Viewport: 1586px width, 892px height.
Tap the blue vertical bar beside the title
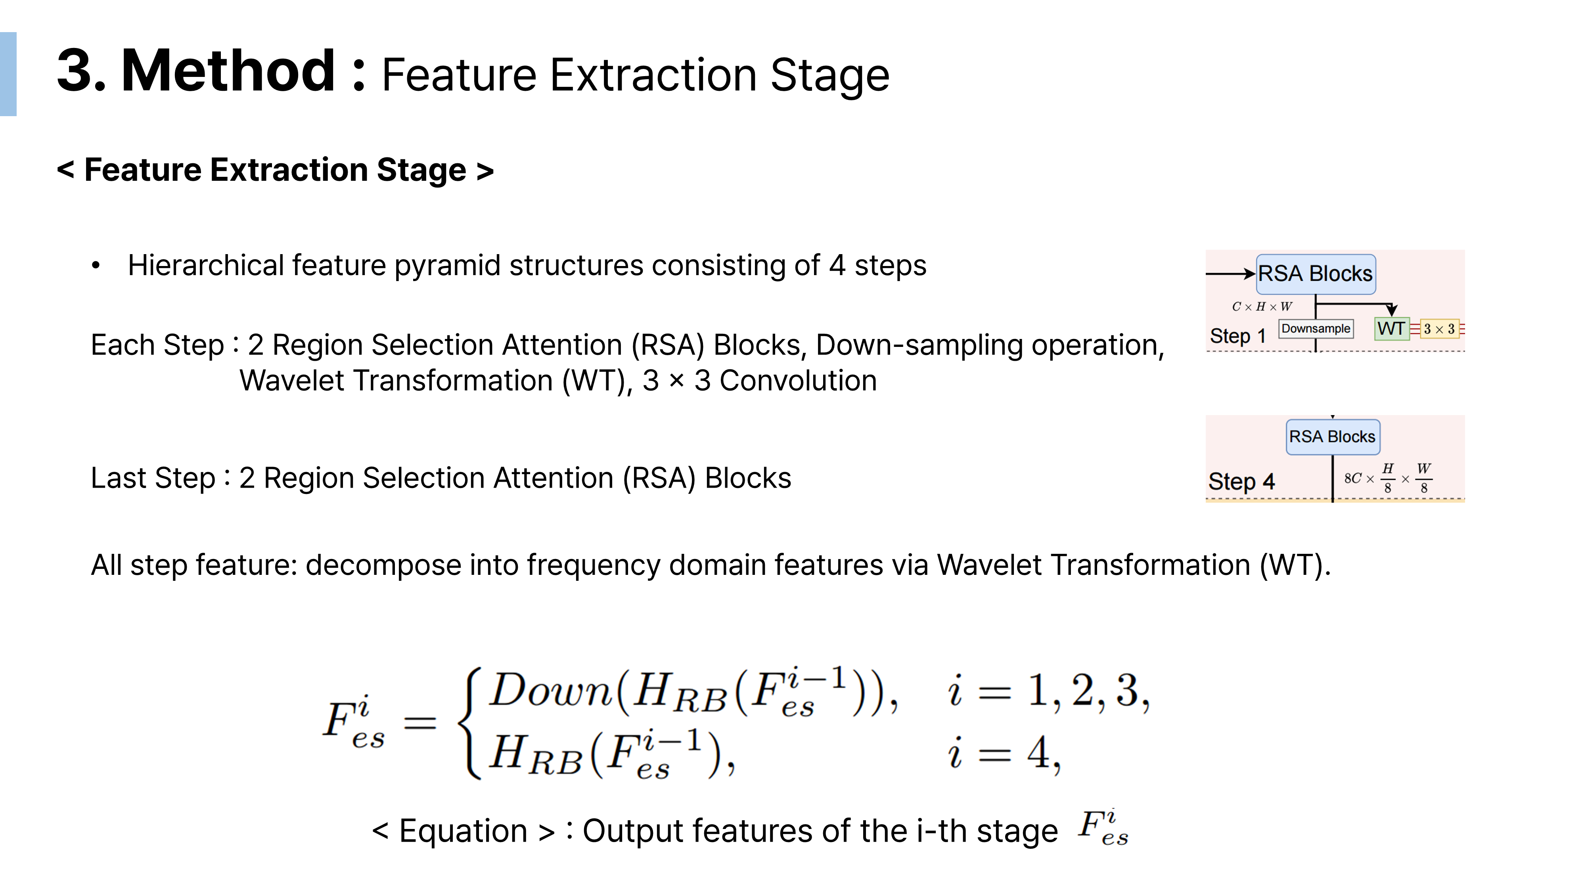[x=8, y=74]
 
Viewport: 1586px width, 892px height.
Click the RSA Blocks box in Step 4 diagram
[x=1332, y=436]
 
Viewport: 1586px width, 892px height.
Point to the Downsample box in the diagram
[x=1316, y=329]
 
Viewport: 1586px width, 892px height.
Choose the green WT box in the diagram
[x=1391, y=329]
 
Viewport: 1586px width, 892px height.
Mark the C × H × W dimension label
[x=1262, y=306]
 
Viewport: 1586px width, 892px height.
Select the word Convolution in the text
[x=798, y=381]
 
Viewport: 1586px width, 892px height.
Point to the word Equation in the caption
[x=463, y=831]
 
